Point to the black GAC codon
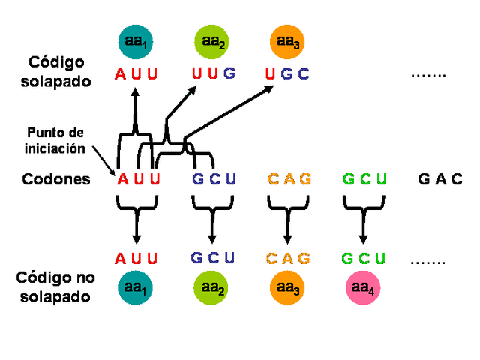pos(440,180)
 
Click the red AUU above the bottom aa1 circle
pos(136,259)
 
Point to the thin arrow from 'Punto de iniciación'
pos(103,160)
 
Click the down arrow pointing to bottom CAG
pos(287,225)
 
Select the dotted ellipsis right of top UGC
pos(429,75)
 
